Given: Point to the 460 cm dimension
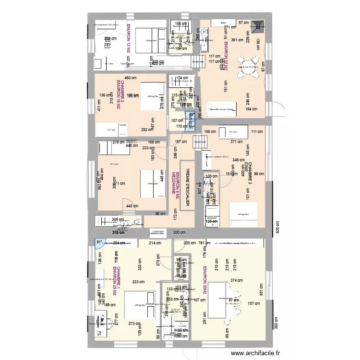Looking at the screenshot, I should pyautogui.click(x=130, y=78).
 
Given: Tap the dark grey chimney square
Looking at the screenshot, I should pyautogui.click(x=259, y=25).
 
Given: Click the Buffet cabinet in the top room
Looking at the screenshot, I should pyautogui.click(x=223, y=23).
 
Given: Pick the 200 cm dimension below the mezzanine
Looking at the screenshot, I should pyautogui.click(x=179, y=233).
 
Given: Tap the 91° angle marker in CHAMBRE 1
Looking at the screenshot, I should pyautogui.click(x=99, y=243).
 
